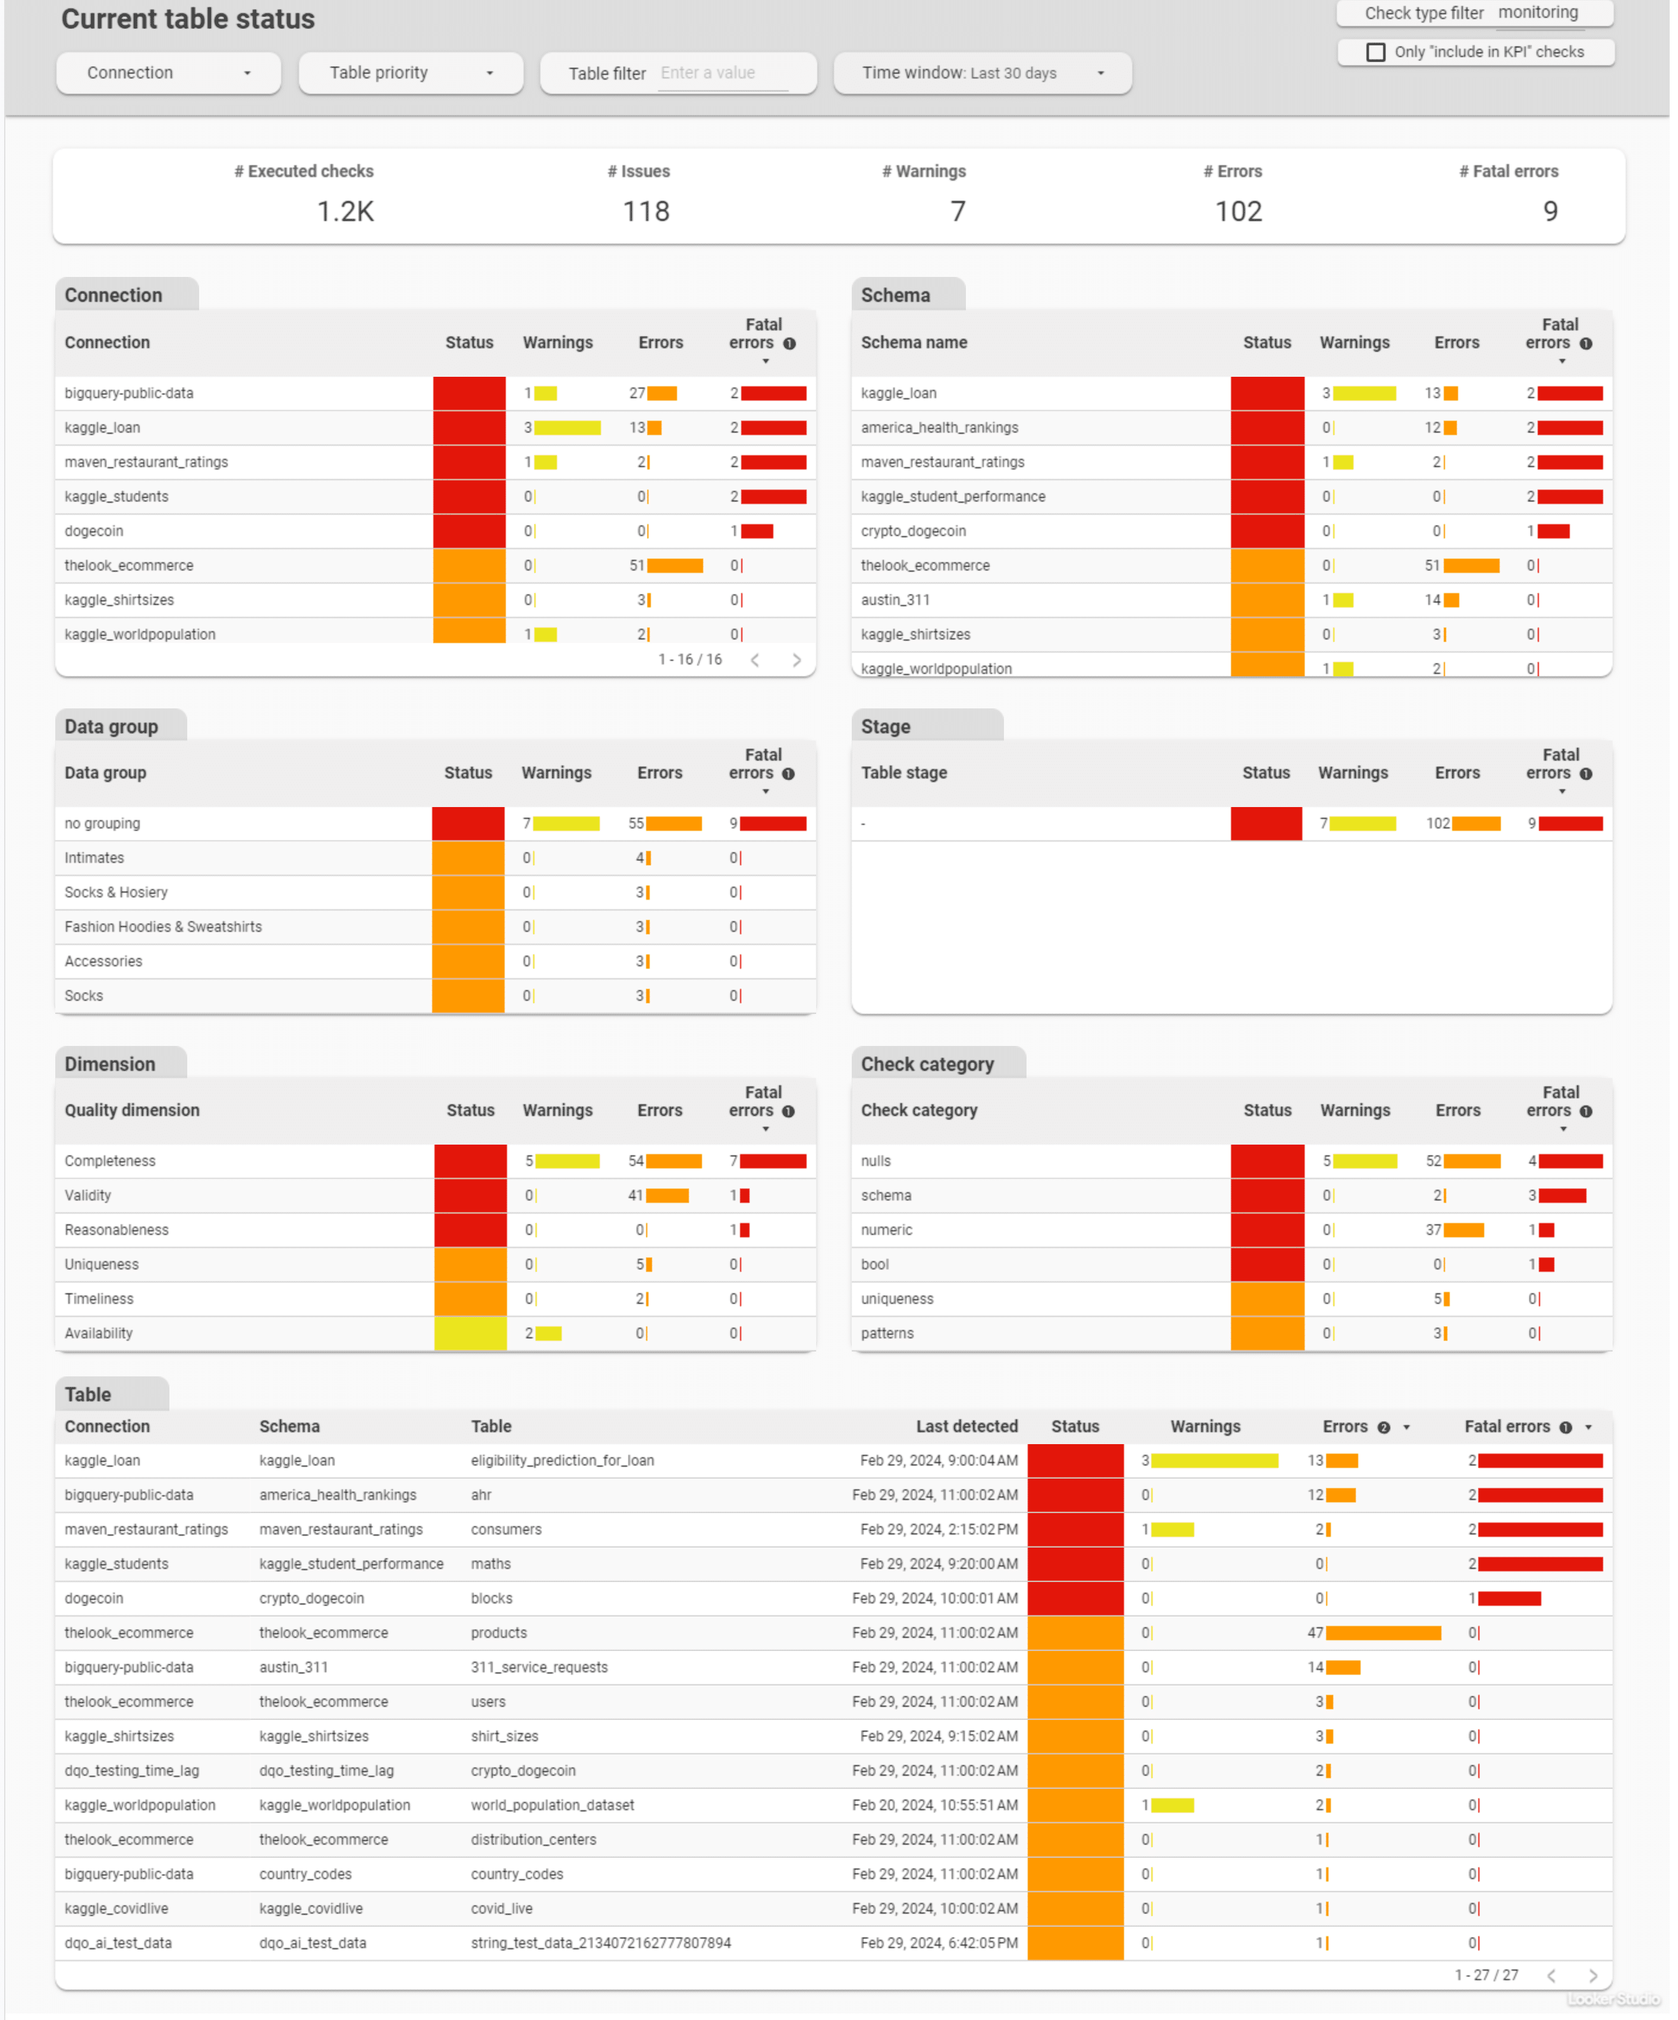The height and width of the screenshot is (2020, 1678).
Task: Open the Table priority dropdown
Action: [411, 73]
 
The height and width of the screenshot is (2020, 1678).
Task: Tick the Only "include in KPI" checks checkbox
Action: [1376, 52]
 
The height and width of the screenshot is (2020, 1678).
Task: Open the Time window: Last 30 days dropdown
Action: [981, 73]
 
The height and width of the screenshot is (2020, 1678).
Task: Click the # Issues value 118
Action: [646, 212]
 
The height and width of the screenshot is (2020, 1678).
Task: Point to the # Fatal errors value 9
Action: [1550, 212]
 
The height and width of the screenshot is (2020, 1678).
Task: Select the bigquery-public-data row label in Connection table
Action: [129, 393]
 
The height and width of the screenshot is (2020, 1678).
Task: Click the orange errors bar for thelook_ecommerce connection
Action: [675, 566]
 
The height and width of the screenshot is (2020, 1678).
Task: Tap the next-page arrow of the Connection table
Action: [797, 660]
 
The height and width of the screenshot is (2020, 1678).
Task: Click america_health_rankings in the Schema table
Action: [939, 428]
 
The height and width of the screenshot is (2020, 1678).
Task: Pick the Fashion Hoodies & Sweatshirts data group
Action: [163, 927]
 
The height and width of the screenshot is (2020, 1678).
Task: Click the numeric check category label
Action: [886, 1230]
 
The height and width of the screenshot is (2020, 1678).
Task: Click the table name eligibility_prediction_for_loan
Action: [562, 1461]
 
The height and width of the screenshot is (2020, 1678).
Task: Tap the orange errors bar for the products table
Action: [1383, 1633]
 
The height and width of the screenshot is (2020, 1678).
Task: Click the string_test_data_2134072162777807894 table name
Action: [600, 1944]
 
